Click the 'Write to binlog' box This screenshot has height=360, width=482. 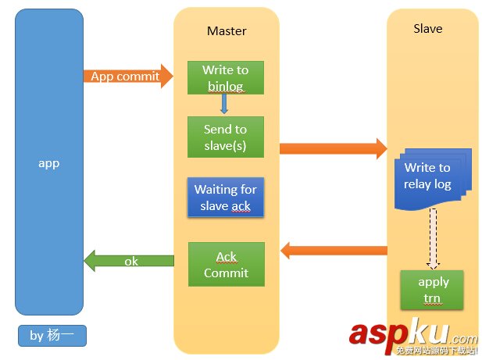pos(226,77)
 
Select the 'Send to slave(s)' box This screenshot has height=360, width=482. pos(226,137)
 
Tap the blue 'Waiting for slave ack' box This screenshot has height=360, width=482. pos(226,198)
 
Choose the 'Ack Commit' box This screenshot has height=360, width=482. pos(226,264)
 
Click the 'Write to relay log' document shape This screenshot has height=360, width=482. pos(428,178)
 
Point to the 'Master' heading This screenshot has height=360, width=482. pos(227,31)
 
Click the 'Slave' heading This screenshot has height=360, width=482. pos(427,29)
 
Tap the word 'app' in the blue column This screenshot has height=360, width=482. pos(49,163)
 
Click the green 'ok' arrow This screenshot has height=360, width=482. pos(129,261)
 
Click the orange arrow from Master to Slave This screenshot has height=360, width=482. pos(333,148)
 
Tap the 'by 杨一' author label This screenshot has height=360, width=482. pos(52,336)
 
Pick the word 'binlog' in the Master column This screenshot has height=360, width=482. pos(226,85)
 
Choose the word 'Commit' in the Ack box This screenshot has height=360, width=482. pos(226,273)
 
